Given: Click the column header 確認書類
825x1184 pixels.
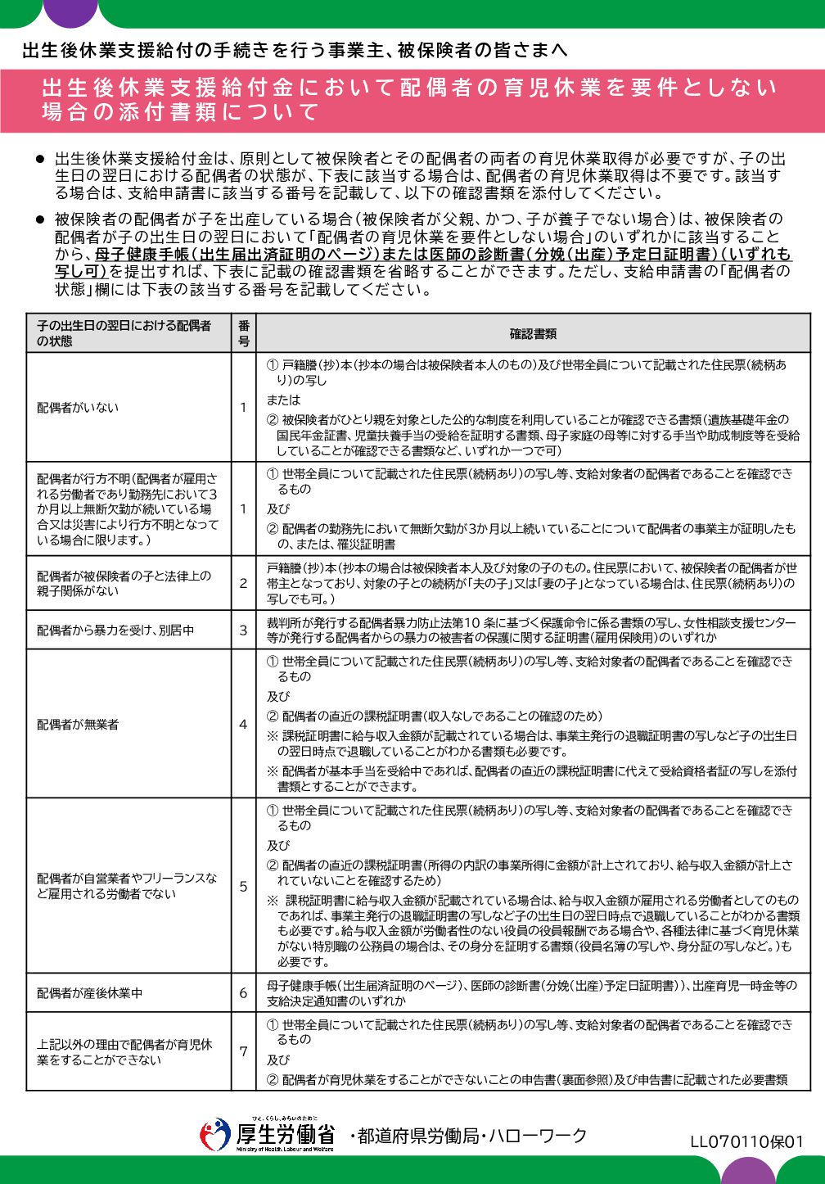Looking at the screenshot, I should pos(533,334).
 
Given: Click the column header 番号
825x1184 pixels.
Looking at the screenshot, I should pos(243,333).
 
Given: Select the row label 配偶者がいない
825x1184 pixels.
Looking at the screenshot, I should pos(78,408).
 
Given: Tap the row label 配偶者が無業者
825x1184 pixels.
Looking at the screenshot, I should pos(78,725).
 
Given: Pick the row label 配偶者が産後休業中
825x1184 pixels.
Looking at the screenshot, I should pos(89,993).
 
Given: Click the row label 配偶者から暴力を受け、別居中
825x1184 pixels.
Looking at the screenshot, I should pos(115,630).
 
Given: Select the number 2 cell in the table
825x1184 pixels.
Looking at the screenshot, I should pos(243,583).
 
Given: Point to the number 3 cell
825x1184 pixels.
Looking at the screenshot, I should pos(243,630).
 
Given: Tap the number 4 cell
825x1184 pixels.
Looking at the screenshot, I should pos(243,725).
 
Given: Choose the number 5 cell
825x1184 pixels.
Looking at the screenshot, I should pos(243,886).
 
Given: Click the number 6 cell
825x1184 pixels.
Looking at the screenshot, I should pos(243,993).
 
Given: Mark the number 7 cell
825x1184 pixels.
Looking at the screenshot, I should pos(243,1051).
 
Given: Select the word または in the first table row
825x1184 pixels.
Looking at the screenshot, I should pos(283,400).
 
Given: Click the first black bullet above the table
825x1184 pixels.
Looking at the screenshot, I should pos(38,158).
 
